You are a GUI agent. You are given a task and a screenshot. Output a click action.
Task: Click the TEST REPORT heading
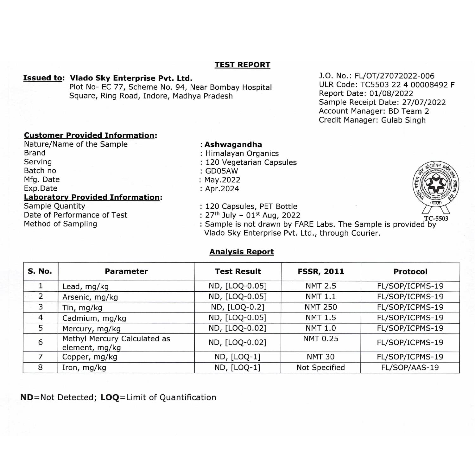click(242, 65)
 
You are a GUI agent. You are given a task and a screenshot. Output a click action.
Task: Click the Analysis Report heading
click(242, 252)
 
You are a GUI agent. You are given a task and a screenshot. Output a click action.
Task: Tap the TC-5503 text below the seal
click(436, 218)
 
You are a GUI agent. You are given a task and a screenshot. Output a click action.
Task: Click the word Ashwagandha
click(233, 145)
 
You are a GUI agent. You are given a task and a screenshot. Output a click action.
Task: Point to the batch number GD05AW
click(222, 171)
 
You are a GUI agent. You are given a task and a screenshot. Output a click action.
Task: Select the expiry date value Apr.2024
click(222, 189)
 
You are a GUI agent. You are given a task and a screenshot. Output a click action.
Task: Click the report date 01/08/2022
click(391, 93)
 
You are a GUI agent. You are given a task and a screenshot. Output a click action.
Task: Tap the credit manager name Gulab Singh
click(403, 120)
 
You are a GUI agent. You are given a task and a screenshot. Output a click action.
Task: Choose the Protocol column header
click(410, 272)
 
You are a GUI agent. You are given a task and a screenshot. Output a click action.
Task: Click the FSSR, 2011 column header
click(321, 272)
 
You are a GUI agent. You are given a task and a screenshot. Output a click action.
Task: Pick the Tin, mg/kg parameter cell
click(82, 308)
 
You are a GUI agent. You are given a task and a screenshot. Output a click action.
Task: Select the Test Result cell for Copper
click(237, 357)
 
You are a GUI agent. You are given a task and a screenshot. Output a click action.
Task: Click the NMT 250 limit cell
click(321, 307)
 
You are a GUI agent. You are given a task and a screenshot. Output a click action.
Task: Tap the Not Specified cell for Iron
click(320, 368)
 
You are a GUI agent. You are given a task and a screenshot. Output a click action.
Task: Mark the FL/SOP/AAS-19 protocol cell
click(410, 368)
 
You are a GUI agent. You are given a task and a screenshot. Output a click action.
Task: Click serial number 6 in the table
click(41, 342)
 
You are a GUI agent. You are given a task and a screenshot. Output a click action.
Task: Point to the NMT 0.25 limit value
click(321, 339)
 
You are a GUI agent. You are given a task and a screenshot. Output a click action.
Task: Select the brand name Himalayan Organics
click(242, 154)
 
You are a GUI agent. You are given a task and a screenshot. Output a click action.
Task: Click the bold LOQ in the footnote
click(110, 397)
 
